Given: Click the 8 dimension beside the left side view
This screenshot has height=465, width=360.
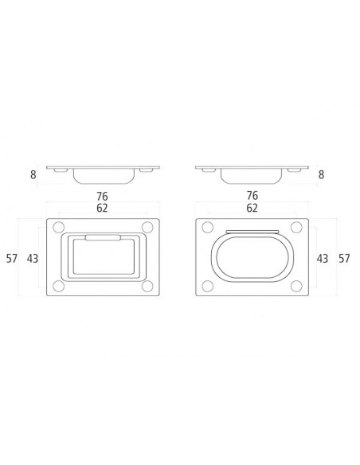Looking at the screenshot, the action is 33,174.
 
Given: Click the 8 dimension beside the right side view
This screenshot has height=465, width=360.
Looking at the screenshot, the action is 321,174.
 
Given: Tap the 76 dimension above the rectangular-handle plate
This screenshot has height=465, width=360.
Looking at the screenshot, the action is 102,197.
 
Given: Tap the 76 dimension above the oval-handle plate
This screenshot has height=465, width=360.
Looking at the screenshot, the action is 252,196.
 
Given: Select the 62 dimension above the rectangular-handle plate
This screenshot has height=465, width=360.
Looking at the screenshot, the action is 102,208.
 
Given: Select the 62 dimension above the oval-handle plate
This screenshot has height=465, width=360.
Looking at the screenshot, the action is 252,208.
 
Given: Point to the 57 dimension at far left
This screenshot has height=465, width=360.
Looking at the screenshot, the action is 12,259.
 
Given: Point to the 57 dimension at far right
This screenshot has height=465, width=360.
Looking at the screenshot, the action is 344,259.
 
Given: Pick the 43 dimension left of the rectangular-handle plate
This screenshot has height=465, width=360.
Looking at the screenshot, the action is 33,259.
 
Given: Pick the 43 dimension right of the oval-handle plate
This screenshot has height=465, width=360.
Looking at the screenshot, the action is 323,259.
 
